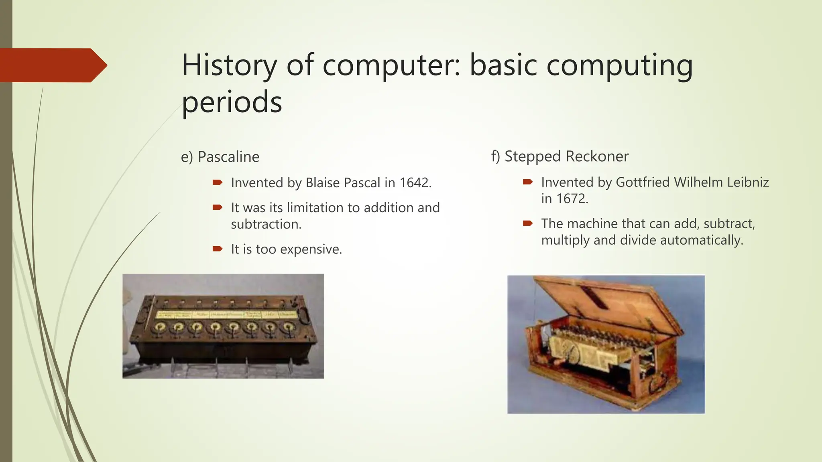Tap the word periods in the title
coord(232,102)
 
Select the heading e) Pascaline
coord(220,157)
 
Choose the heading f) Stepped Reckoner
coord(560,156)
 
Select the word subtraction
coord(266,224)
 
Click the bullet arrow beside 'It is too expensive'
coord(218,249)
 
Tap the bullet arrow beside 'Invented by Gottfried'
coord(528,182)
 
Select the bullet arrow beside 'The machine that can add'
coord(528,223)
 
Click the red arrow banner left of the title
coord(52,65)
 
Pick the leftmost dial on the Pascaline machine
coord(159,328)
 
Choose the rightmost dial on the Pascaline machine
coord(287,328)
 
